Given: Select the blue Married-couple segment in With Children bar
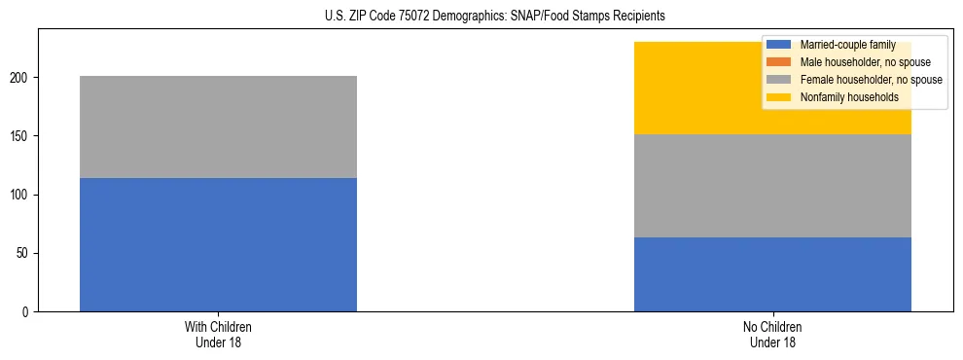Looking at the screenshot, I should [218, 244].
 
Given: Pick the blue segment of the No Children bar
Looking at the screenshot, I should [772, 273].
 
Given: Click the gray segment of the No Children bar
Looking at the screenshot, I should [772, 186].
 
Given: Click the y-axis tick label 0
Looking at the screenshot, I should [29, 312].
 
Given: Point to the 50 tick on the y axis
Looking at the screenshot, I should [26, 253].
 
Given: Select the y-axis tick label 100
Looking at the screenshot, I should [23, 195].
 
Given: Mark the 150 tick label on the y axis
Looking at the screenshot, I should [23, 136].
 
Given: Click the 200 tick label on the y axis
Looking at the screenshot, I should [23, 78].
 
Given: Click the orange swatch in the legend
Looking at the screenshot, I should [779, 62].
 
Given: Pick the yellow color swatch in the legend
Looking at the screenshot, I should [779, 97].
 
